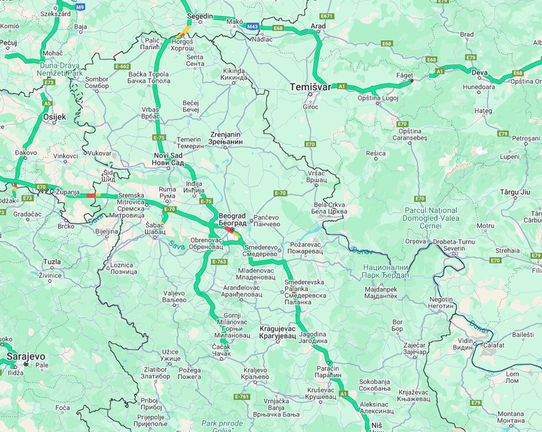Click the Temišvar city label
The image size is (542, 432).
[x=310, y=87]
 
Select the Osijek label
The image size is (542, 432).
[x=54, y=117]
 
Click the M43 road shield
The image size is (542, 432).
[x=253, y=27]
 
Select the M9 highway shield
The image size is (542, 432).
[x=80, y=6]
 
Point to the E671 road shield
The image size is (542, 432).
[x=327, y=16]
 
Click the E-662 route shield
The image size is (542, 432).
[x=122, y=66]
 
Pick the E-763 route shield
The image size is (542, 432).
[x=219, y=261]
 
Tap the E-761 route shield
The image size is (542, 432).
[x=242, y=396]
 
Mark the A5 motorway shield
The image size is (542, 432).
[x=47, y=103]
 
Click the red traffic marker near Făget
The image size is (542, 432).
[x=412, y=80]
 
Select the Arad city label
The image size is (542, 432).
[x=318, y=26]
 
